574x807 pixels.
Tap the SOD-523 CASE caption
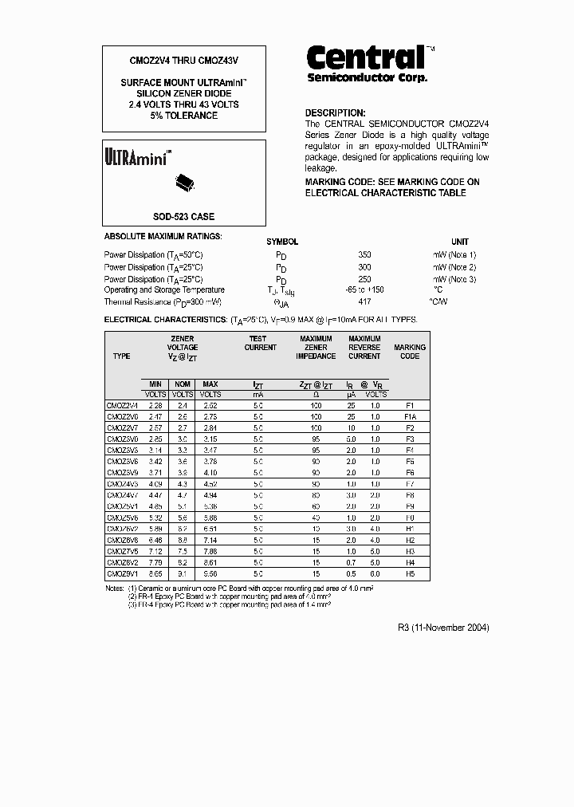tap(183, 217)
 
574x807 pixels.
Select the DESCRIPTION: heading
tap(336, 113)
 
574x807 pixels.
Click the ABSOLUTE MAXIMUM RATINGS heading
tap(163, 237)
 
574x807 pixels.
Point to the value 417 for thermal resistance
tap(365, 302)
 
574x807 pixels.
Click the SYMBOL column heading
tap(281, 242)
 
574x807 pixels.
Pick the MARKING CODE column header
tap(410, 352)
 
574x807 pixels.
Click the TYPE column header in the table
tap(121, 356)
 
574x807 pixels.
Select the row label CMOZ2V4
tap(122, 405)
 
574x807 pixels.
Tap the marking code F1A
tap(411, 416)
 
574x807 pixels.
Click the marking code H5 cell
tap(411, 573)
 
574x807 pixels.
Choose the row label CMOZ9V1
tap(122, 573)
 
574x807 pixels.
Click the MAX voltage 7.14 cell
tap(210, 540)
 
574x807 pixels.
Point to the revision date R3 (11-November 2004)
tap(442, 628)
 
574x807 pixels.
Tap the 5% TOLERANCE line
tap(183, 116)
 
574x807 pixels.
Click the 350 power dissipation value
tap(365, 254)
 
